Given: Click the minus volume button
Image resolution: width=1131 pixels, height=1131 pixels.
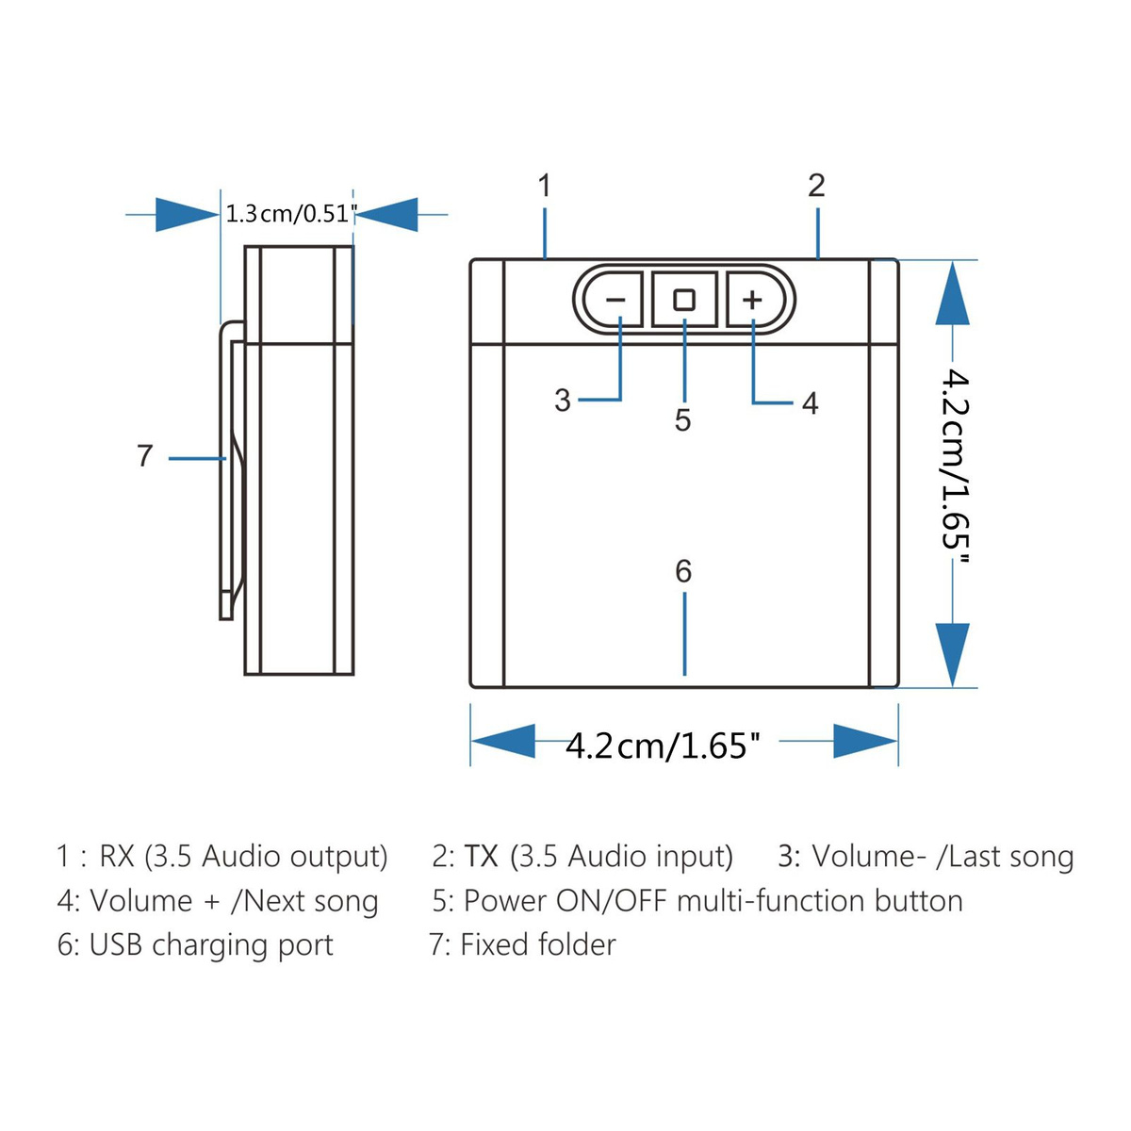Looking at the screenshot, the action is [615, 300].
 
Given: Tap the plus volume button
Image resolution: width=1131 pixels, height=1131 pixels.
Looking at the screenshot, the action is [755, 300].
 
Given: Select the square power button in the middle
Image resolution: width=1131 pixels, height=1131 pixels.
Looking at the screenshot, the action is [684, 300].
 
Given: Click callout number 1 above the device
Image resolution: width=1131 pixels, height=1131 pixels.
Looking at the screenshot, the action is [545, 186].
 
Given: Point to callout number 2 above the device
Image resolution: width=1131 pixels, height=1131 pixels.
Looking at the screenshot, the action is [816, 186].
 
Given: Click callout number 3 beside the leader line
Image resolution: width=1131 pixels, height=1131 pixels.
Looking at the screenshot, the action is [563, 401].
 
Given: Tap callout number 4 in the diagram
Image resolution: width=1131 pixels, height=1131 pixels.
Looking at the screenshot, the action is [810, 403].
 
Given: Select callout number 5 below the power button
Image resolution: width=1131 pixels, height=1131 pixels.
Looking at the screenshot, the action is [682, 419].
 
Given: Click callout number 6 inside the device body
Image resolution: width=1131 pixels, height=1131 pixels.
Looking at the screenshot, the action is [683, 571].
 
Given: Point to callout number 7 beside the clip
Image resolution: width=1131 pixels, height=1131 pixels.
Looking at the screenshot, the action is [145, 455].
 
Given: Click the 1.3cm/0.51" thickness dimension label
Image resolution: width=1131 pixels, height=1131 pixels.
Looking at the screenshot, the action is [291, 214].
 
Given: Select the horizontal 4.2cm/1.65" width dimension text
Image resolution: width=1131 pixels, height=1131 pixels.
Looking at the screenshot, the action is [663, 746].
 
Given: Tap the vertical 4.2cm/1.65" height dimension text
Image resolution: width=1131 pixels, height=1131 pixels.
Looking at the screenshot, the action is [955, 466].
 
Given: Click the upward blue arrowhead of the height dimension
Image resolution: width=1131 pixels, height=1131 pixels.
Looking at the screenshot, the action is [952, 293].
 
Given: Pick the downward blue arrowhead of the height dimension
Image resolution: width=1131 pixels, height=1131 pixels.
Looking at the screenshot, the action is [952, 654].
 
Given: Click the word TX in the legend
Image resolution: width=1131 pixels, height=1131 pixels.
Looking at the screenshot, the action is [481, 856].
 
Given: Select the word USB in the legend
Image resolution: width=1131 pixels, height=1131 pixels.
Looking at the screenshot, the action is [115, 944].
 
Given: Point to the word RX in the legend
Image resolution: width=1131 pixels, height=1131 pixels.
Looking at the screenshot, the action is [118, 856].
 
